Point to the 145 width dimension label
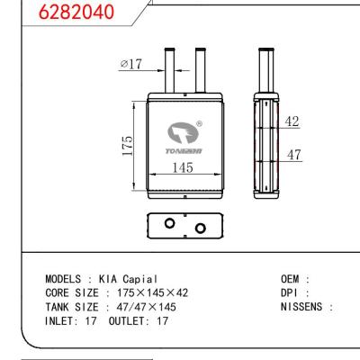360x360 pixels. (184, 167)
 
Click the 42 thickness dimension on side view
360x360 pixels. (292, 121)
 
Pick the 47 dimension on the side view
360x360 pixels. (292, 155)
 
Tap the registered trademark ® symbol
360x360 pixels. (199, 126)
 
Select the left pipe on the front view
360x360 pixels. (168, 67)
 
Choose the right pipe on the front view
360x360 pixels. (201, 67)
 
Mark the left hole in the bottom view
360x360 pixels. (168, 224)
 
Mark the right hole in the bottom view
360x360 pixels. (199, 227)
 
